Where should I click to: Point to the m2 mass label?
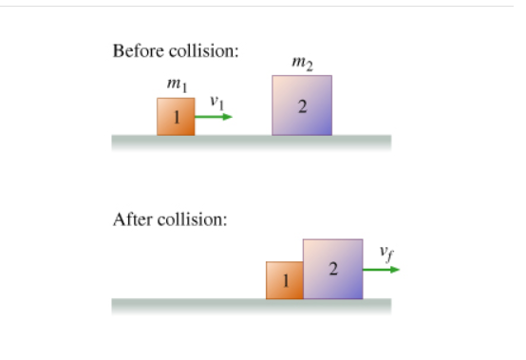coord(302,65)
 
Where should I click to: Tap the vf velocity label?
coord(384,252)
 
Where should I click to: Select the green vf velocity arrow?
coord(381,269)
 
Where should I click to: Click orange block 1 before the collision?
coord(176,117)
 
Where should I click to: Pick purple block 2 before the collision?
coord(302,104)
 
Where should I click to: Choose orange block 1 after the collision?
coord(284,280)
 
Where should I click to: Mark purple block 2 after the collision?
coord(332,269)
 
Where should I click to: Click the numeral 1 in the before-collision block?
coord(176,118)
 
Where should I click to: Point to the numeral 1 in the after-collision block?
coord(284,281)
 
